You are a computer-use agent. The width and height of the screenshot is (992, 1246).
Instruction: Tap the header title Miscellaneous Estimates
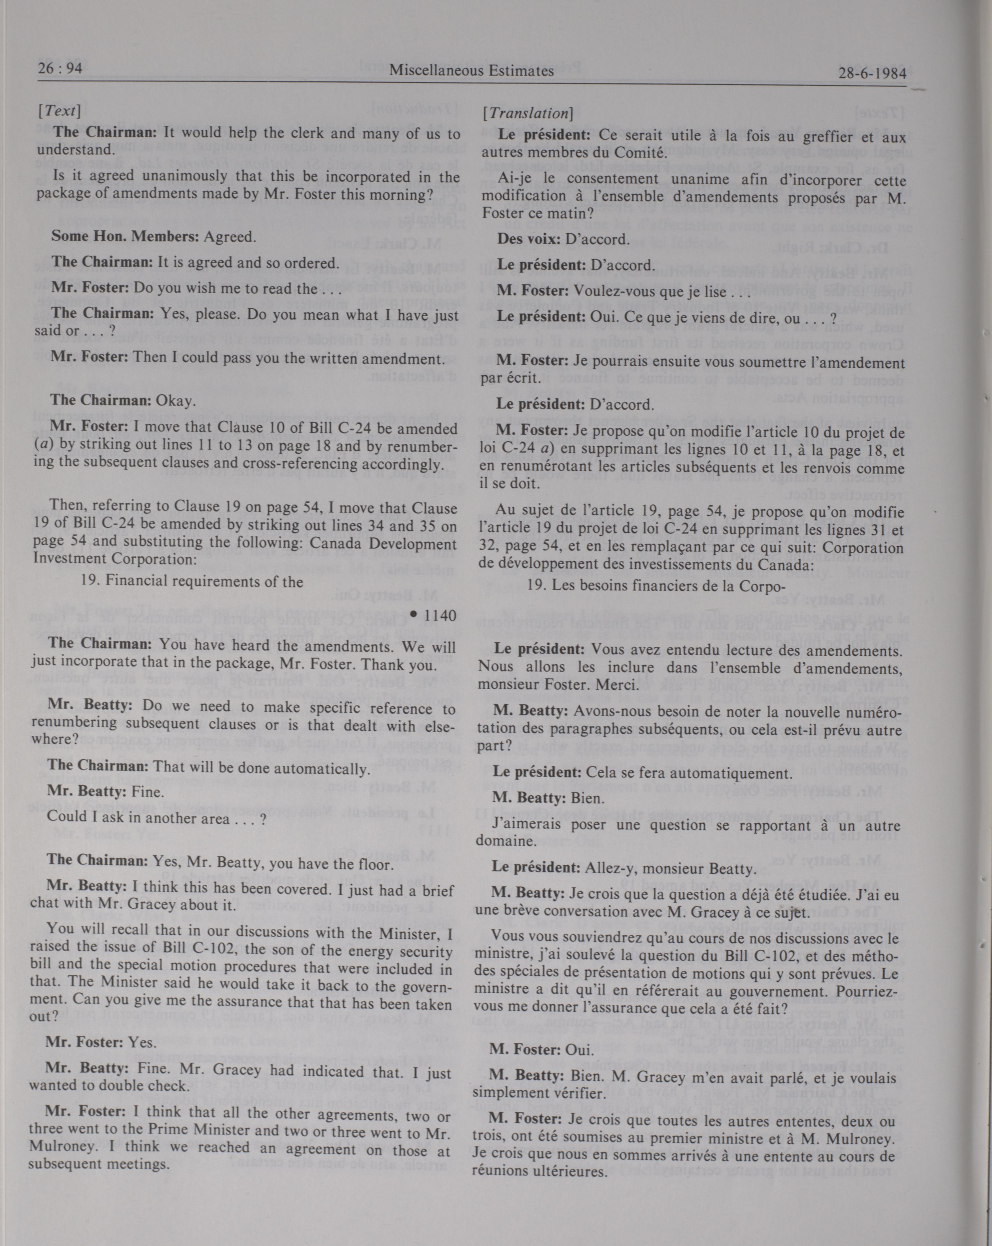[x=471, y=72]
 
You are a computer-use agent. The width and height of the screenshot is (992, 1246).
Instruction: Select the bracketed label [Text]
[x=59, y=111]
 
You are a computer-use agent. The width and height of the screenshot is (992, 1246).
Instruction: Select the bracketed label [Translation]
[x=528, y=114]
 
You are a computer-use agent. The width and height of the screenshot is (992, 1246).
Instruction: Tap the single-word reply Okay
[x=176, y=400]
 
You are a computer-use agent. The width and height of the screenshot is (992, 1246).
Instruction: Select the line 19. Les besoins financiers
[x=655, y=585]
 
